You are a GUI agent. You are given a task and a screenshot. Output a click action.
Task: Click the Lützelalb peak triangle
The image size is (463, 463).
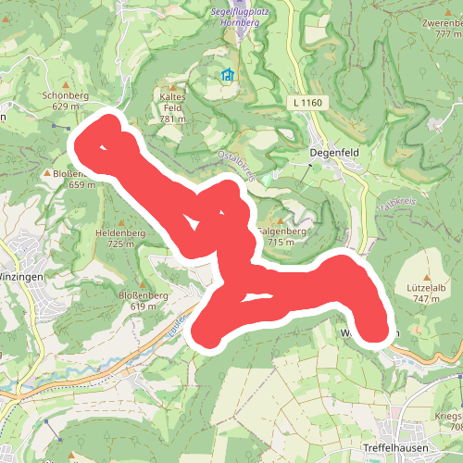pyautogui.click(x=427, y=278)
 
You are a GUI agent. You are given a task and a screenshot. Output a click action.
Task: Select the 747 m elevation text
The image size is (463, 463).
pyautogui.click(x=426, y=299)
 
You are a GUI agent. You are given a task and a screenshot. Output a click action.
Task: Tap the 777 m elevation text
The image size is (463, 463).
pyautogui.click(x=447, y=33)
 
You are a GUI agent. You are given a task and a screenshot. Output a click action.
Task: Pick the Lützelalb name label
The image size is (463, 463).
pyautogui.click(x=426, y=288)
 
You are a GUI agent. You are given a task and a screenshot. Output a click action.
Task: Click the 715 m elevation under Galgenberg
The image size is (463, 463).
pyautogui.click(x=281, y=243)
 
